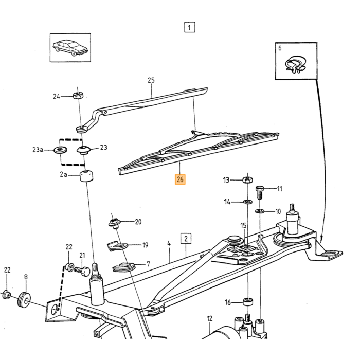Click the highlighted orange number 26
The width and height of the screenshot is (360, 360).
[x=180, y=179]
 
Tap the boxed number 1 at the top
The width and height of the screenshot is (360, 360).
[x=189, y=27]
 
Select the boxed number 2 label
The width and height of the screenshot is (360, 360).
[x=186, y=239]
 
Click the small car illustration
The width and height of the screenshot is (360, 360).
[x=70, y=47]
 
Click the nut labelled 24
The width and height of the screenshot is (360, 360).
[x=78, y=95]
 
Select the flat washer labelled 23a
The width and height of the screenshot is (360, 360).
[x=60, y=150]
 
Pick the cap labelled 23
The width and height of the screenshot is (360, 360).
[x=83, y=150]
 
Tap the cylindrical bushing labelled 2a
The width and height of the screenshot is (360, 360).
[x=86, y=176]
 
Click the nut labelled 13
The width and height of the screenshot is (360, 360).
[x=248, y=179]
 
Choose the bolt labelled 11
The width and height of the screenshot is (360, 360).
[x=260, y=192]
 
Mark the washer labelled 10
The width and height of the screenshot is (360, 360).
[x=260, y=211]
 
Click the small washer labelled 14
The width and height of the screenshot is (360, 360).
[x=248, y=202]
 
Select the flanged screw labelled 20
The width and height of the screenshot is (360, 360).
[x=115, y=223]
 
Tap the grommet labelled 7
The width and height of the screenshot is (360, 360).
[x=124, y=267]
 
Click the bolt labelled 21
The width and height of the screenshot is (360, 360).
[x=82, y=271]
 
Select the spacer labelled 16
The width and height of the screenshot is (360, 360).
[x=248, y=302]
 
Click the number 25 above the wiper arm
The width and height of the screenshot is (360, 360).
[x=151, y=80]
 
